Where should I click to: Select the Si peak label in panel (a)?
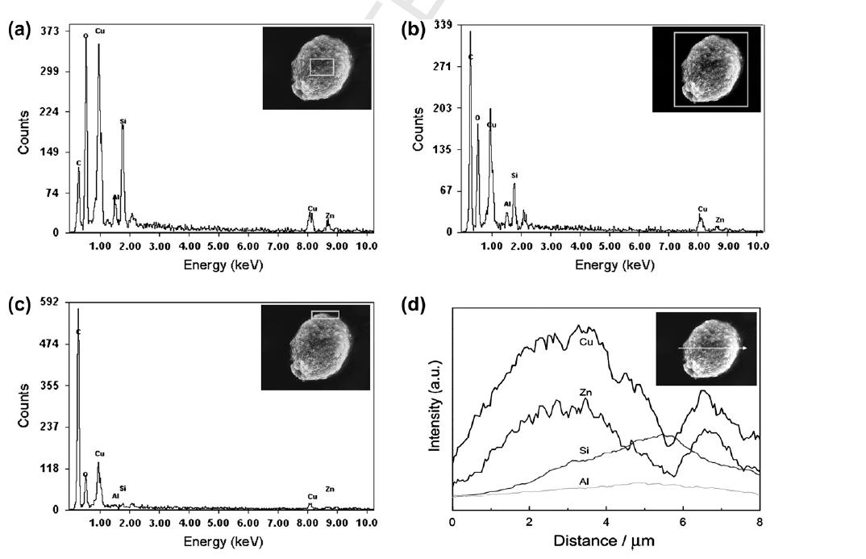123,121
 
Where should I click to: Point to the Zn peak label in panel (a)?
330,215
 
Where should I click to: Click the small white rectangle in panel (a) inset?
321,67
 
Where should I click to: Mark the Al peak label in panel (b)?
507,204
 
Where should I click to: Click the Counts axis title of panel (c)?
24,405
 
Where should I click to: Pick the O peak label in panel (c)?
85,474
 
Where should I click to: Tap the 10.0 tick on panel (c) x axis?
366,523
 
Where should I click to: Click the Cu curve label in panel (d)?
588,342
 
